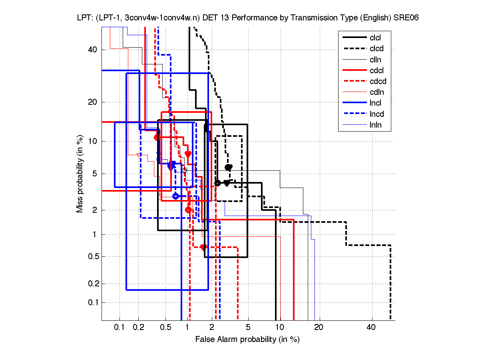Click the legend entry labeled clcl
pyautogui.click(x=375, y=38)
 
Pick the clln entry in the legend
pyautogui.click(x=375, y=60)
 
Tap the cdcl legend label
pyautogui.click(x=376, y=70)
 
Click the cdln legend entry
pyautogui.click(x=376, y=92)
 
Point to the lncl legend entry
pyautogui.click(x=375, y=103)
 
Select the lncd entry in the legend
pyautogui.click(x=376, y=114)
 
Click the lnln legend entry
pyautogui.click(x=375, y=125)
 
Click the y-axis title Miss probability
pyautogui.click(x=80, y=174)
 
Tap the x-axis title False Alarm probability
pyautogui.click(x=247, y=340)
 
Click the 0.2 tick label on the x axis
pyautogui.click(x=139, y=328)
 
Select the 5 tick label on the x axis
pyautogui.click(x=248, y=328)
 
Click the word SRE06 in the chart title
pyautogui.click(x=405, y=18)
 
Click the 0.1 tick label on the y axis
pyautogui.click(x=93, y=302)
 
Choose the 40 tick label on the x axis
pyautogui.click(x=371, y=328)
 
